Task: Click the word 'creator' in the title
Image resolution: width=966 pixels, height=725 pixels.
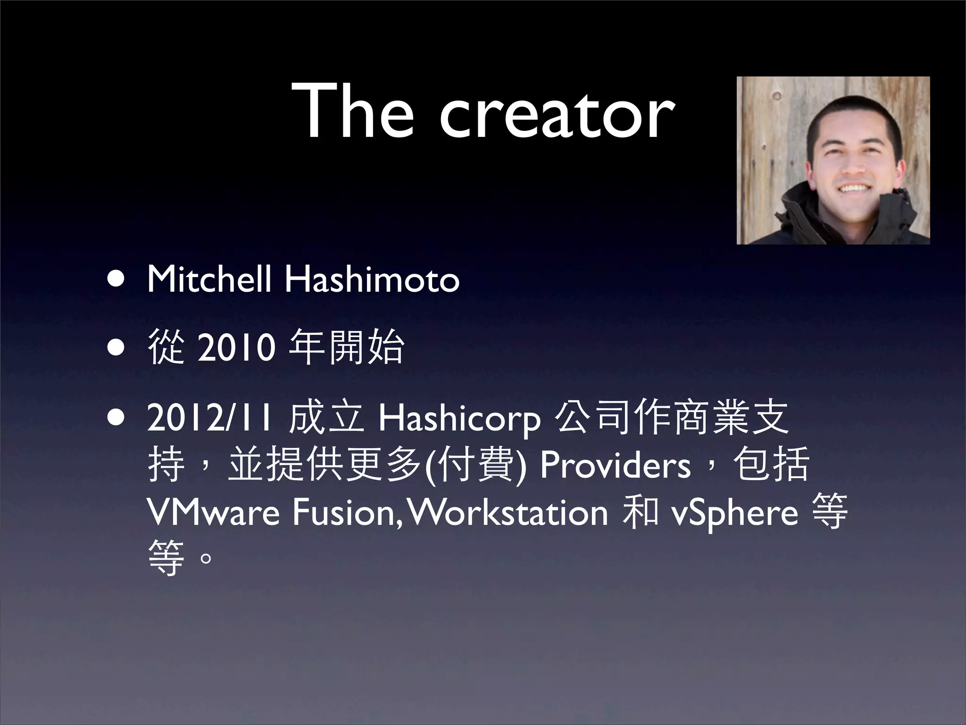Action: (x=557, y=116)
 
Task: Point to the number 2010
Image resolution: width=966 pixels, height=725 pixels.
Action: (x=236, y=348)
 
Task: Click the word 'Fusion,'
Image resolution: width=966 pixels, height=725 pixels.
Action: (x=347, y=514)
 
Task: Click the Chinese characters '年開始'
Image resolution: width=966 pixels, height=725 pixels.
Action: (x=347, y=348)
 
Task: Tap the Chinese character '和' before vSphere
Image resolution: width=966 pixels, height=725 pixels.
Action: (x=640, y=513)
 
